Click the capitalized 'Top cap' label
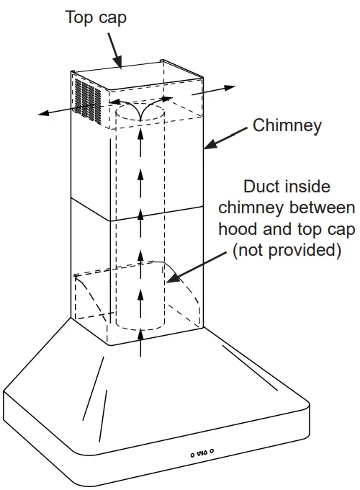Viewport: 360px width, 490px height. point(96,17)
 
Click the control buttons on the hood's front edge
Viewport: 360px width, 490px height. point(202,453)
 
